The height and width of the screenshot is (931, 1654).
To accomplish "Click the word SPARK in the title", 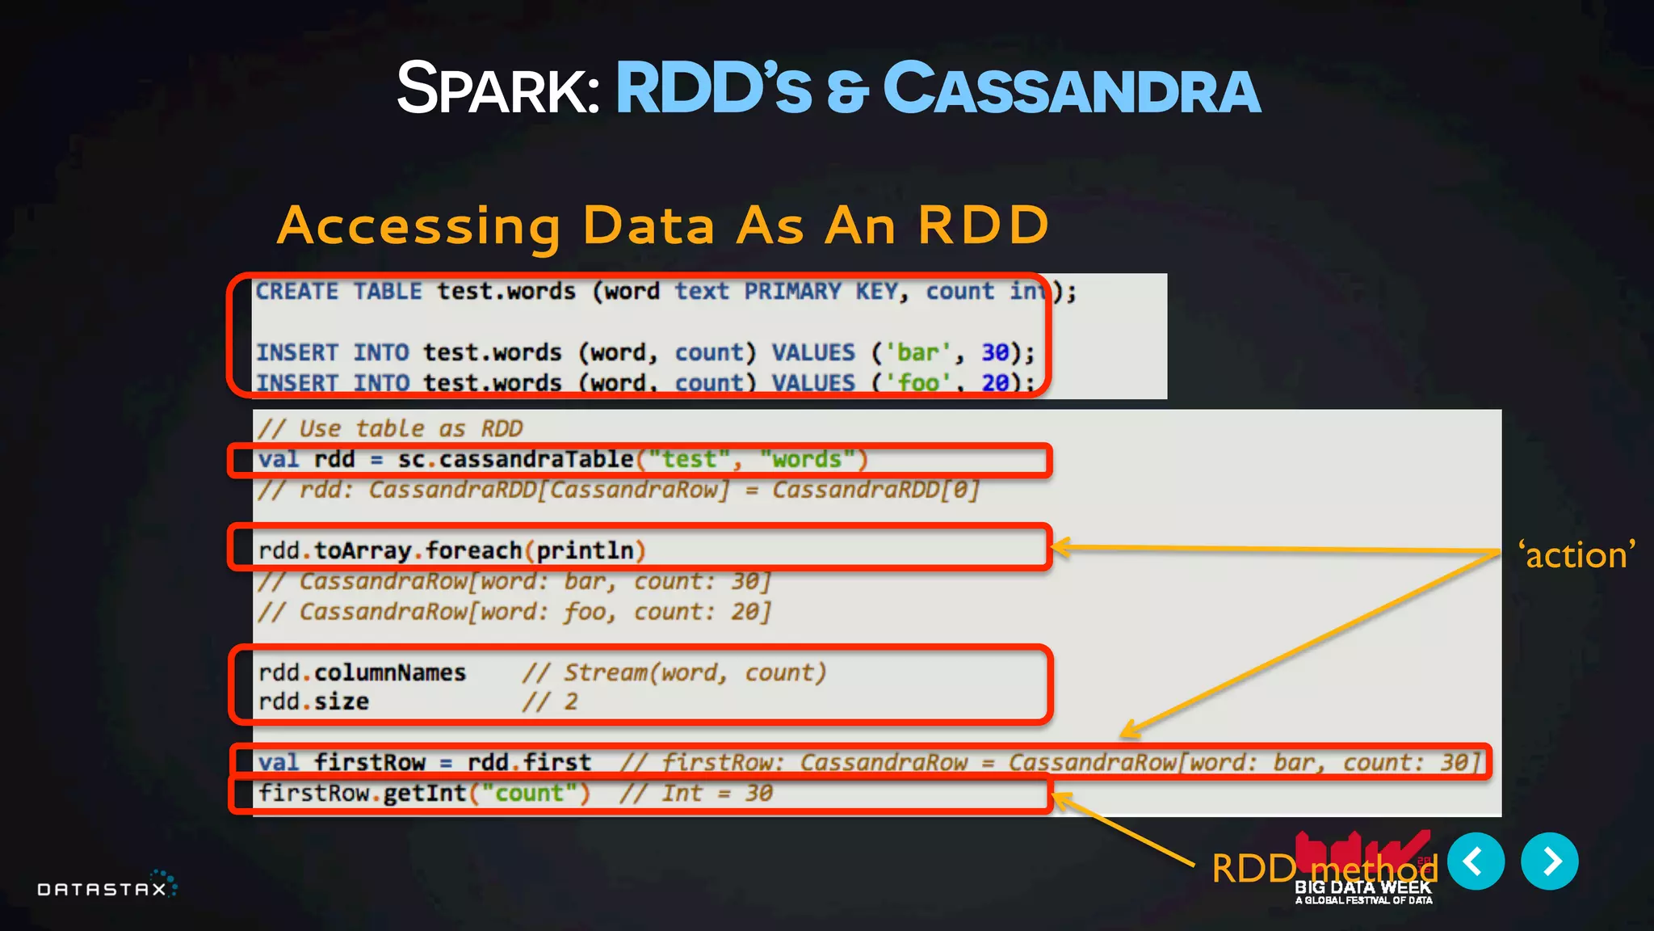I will coord(496,89).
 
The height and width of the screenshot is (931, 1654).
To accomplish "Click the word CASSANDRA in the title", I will coord(1072,89).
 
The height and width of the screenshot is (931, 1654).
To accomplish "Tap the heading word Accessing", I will coord(418,225).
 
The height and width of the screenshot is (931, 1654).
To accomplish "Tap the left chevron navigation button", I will coord(1476,861).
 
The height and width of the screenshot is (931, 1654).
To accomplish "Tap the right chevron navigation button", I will coord(1549,861).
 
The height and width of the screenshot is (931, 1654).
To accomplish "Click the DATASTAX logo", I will coord(105,887).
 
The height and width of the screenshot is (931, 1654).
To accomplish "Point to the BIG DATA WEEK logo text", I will coord(1362,887).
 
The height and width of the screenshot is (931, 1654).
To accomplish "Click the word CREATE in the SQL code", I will coord(297,292).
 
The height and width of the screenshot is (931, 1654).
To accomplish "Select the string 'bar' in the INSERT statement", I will coord(918,353).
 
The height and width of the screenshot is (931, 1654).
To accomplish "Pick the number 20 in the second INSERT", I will coord(995,382).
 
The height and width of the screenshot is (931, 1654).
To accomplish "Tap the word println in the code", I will coord(585,551).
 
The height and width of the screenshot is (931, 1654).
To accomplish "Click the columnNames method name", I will coord(390,673).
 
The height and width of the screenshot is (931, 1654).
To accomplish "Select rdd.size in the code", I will coord(313,702).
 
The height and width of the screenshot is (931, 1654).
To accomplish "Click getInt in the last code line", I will coord(425,794).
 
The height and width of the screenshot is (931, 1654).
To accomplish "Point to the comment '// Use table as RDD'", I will coord(390,429).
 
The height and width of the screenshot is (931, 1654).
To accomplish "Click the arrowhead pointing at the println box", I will coord(1060,547).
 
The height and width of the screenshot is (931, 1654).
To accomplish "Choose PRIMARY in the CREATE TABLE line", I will coord(792,292).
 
